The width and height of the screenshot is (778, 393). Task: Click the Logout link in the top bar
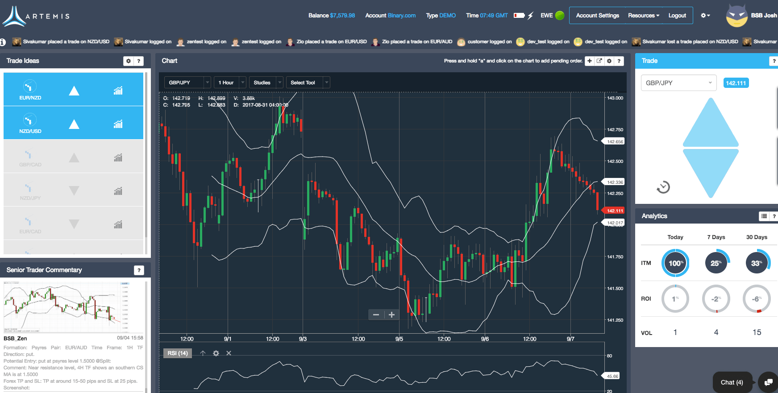click(x=677, y=16)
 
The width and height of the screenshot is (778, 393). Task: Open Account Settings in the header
click(x=597, y=16)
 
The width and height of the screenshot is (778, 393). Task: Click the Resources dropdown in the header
click(x=643, y=16)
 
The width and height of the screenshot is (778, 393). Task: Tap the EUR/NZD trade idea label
click(x=30, y=98)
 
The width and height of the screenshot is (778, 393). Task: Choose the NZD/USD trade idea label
click(x=30, y=131)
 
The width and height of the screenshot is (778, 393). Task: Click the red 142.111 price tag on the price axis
click(x=614, y=211)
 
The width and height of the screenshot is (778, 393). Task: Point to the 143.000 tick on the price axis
click(x=615, y=98)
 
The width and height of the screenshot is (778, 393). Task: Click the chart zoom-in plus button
click(x=391, y=315)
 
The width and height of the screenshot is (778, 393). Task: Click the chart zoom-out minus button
click(x=376, y=315)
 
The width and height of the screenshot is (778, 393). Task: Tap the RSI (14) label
click(x=178, y=353)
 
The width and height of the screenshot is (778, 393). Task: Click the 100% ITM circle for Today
click(x=675, y=263)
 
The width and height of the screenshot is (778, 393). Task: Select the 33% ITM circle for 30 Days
click(x=757, y=263)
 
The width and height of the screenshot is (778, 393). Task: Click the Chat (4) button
click(x=732, y=382)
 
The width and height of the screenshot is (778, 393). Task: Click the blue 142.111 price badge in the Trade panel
click(x=736, y=83)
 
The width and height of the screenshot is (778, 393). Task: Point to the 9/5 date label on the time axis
click(x=399, y=339)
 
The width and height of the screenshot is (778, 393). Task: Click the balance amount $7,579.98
click(x=342, y=16)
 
